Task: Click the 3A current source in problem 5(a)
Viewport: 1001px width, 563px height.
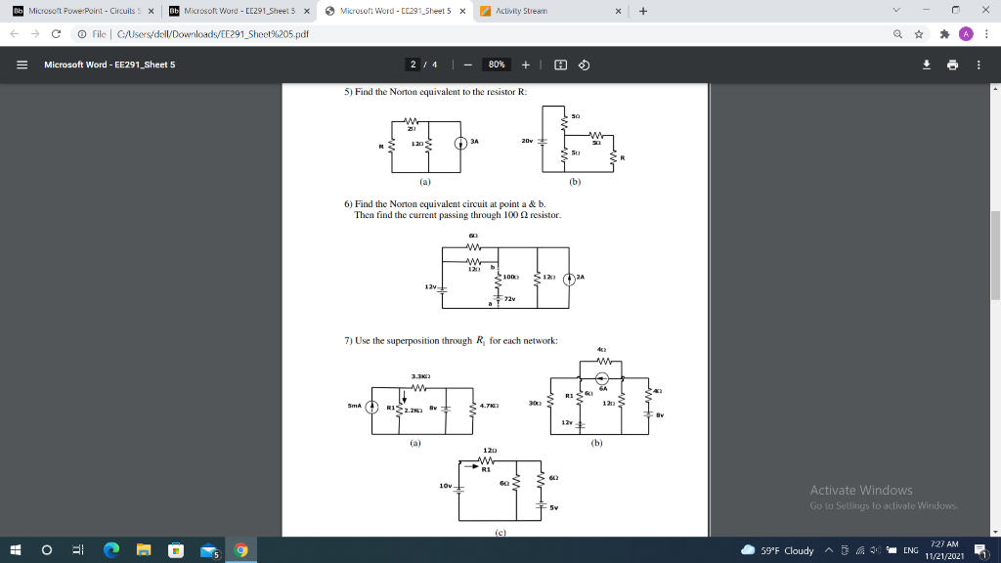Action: click(x=460, y=143)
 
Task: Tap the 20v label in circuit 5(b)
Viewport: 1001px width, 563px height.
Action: click(x=527, y=140)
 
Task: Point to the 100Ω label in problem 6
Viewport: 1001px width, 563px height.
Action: click(x=510, y=277)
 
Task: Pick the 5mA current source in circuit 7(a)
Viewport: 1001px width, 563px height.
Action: click(x=370, y=407)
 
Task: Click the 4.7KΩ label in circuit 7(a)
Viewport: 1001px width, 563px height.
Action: click(x=491, y=406)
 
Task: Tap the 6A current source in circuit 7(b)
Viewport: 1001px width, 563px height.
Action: click(x=603, y=379)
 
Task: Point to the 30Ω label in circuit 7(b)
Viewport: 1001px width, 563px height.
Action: click(x=535, y=403)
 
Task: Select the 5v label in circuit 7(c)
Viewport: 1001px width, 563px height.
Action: click(x=553, y=507)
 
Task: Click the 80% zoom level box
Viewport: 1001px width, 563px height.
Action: click(x=497, y=65)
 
